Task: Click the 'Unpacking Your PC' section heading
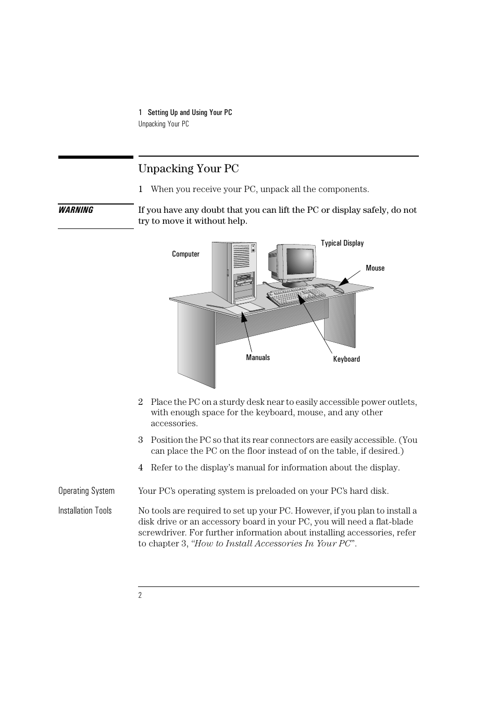(x=189, y=169)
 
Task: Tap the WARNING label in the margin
(x=76, y=210)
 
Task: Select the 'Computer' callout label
(x=185, y=254)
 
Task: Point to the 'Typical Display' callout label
(x=342, y=243)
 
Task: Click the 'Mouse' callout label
(x=375, y=268)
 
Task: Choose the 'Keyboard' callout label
(x=346, y=359)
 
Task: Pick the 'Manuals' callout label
(x=258, y=357)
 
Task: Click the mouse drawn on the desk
(x=339, y=290)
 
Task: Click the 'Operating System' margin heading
(x=86, y=491)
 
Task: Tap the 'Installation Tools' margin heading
(x=85, y=510)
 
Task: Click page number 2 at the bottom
(x=140, y=595)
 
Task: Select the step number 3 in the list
(x=140, y=440)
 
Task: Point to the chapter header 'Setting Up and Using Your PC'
(x=190, y=112)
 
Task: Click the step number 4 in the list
(x=140, y=467)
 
